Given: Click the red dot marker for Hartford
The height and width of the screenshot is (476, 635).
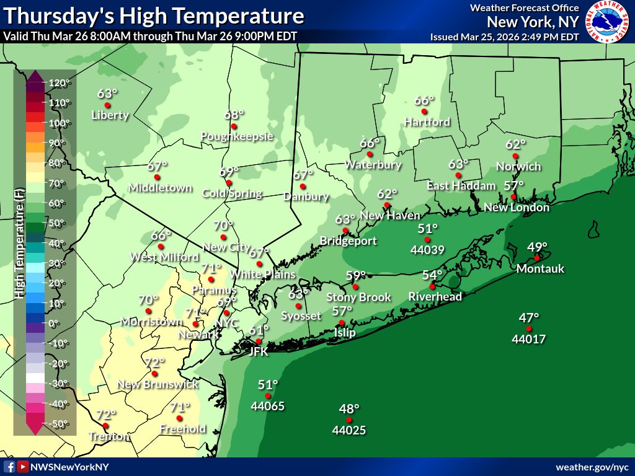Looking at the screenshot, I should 425,112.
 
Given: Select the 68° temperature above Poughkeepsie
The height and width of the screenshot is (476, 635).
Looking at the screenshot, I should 234,115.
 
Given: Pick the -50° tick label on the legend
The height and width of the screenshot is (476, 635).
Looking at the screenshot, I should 58,424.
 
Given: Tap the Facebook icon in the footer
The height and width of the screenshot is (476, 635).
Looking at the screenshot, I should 9,467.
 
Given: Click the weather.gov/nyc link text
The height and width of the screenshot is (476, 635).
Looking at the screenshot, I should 592,467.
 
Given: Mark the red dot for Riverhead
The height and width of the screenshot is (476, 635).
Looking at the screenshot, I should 432,286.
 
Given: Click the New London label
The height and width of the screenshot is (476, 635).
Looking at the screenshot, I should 517,208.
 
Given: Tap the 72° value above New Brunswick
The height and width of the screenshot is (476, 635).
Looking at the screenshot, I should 154,363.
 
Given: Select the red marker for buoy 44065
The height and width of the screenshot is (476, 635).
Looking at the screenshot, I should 268,396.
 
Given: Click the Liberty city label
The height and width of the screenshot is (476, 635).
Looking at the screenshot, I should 110,115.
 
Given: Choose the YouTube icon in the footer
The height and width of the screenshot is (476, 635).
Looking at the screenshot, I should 22,467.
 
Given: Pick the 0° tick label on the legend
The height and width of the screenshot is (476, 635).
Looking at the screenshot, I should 55,324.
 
